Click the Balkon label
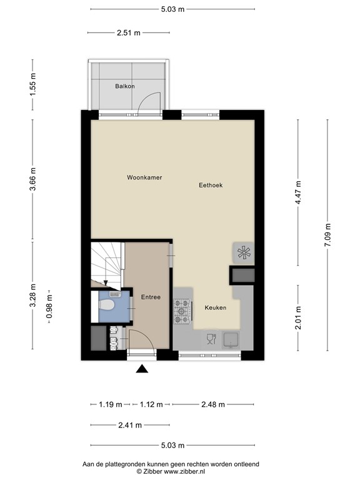pos(124,87)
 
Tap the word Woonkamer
pos(144,177)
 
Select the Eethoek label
pos(211,185)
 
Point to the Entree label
pos(151,297)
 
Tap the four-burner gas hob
pos(182,311)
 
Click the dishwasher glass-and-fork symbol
pos(210,339)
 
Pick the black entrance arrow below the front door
pos(142,369)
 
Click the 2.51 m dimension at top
pos(128,33)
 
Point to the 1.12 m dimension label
pos(150,404)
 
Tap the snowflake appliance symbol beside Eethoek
pos(243,253)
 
